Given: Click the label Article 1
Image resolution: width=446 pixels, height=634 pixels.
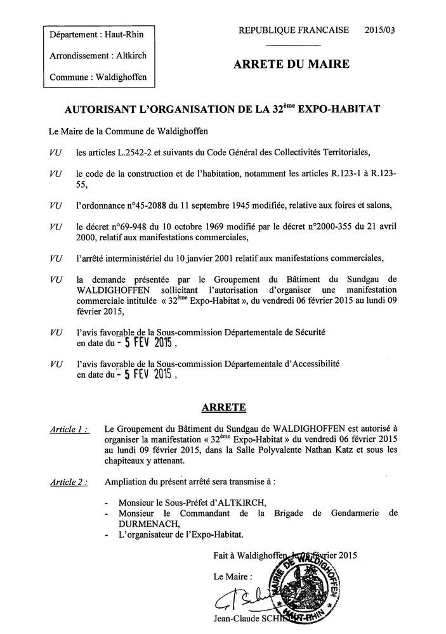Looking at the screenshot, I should (x=68, y=429).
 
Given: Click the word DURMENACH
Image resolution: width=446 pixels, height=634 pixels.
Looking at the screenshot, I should (x=138, y=524).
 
